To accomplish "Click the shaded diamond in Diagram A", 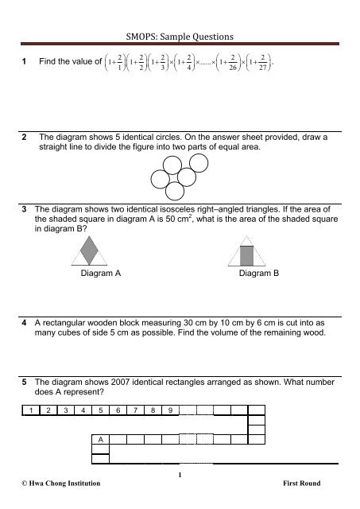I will pyautogui.click(x=91, y=253).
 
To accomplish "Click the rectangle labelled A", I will pyautogui.click(x=100, y=439).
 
